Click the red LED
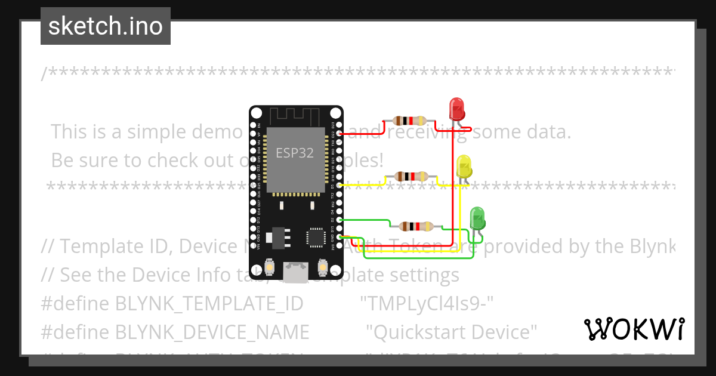(x=457, y=109)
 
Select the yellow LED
(x=464, y=167)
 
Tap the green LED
(x=477, y=218)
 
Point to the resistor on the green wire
(x=416, y=226)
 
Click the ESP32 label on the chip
(x=295, y=153)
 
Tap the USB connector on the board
(x=295, y=272)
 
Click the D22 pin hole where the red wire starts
(x=340, y=134)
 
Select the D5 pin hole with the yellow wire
(x=340, y=186)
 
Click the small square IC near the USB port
(x=314, y=237)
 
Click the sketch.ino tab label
(x=106, y=26)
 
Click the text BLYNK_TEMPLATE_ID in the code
(x=209, y=303)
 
